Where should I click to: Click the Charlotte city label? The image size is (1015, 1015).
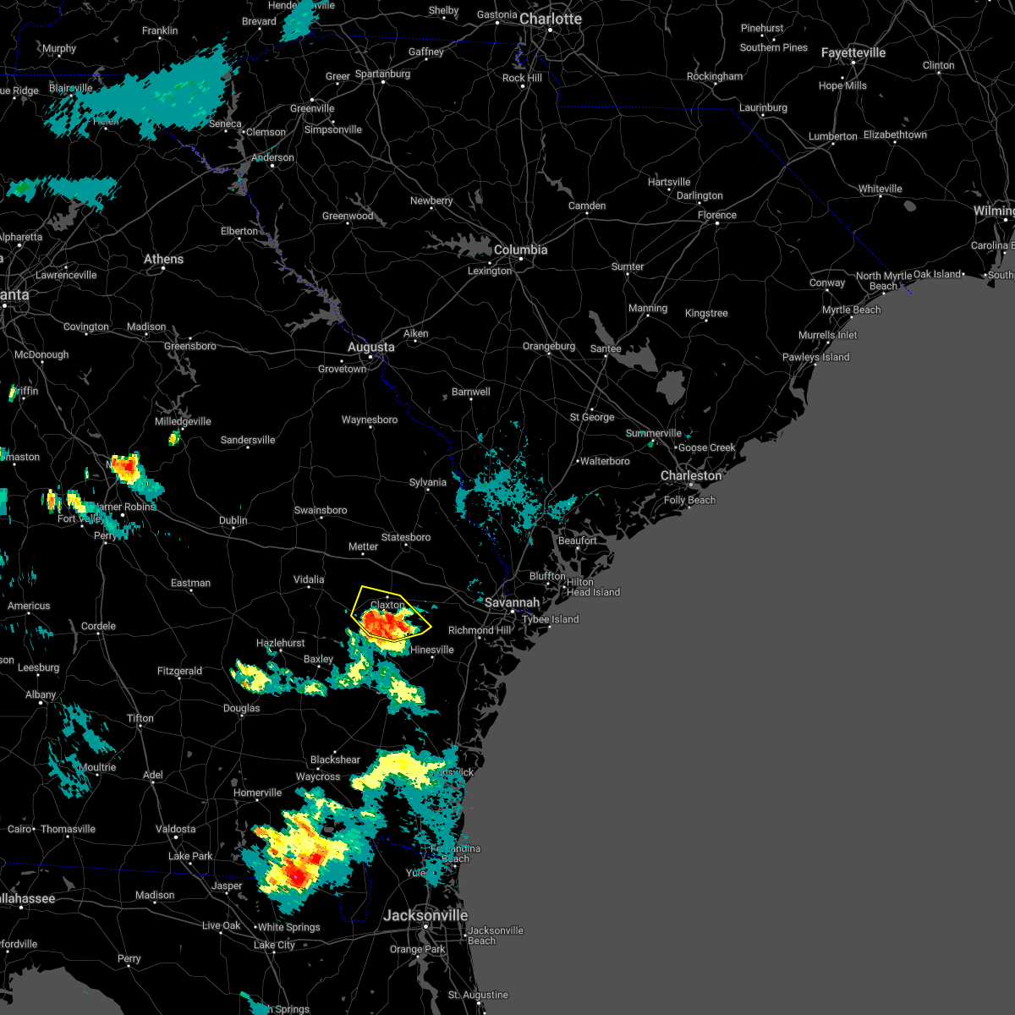click(551, 19)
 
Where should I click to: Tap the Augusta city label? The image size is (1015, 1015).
click(371, 347)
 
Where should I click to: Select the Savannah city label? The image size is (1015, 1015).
click(512, 602)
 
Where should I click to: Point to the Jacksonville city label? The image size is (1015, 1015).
click(425, 915)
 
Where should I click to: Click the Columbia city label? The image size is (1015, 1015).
click(520, 250)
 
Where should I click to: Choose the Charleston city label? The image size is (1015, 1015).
click(691, 475)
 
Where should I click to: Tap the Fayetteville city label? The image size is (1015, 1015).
click(853, 52)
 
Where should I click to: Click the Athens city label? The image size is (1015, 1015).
click(163, 259)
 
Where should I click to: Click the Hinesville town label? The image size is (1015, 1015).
click(432, 650)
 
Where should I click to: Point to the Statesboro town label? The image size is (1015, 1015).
click(406, 537)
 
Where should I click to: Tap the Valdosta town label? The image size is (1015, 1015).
click(175, 829)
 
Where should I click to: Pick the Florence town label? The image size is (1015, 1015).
click(717, 215)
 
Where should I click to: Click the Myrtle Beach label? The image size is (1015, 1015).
click(851, 310)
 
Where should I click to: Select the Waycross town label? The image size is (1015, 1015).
click(318, 776)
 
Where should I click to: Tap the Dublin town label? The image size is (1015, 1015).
click(233, 520)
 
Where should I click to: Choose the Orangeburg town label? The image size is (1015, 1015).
click(549, 346)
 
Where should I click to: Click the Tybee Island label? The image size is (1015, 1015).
click(550, 619)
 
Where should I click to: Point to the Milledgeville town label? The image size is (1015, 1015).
click(183, 421)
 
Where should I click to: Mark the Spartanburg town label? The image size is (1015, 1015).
click(382, 74)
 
